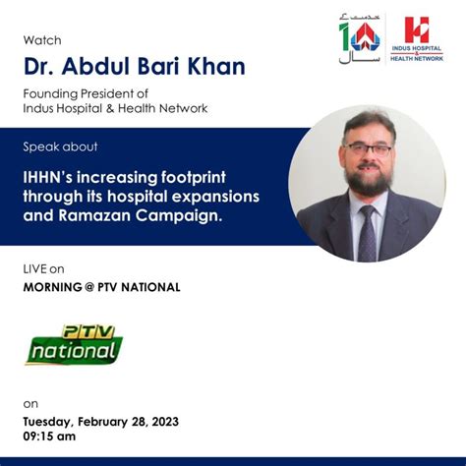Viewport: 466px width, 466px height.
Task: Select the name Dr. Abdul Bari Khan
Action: pyautogui.click(x=134, y=67)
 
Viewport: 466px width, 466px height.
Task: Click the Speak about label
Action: pyautogui.click(x=60, y=146)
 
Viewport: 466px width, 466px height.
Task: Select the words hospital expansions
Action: pyautogui.click(x=200, y=198)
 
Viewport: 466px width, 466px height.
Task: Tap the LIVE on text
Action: pyautogui.click(x=44, y=267)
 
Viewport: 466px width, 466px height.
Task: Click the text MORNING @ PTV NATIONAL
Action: pyautogui.click(x=101, y=286)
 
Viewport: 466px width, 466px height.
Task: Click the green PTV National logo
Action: pyautogui.click(x=73, y=344)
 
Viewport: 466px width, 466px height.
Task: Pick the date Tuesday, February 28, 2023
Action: pyautogui.click(x=101, y=421)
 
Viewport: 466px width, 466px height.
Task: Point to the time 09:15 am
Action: pyautogui.click(x=49, y=437)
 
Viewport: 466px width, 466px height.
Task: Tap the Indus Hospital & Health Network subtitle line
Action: pyautogui.click(x=115, y=108)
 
